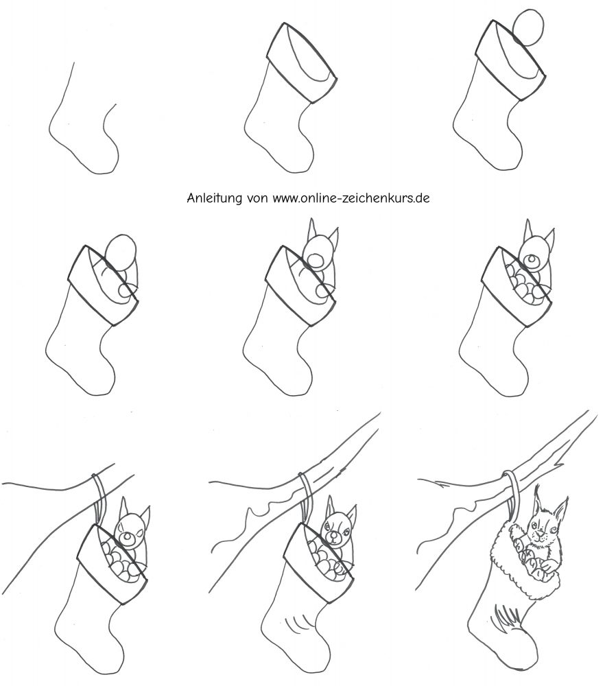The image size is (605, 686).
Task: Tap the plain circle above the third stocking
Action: pyautogui.click(x=529, y=27)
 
